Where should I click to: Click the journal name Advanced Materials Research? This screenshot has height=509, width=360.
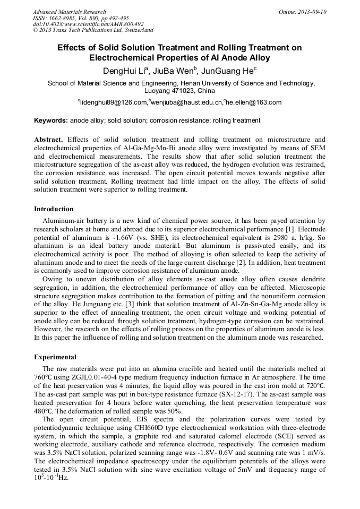point(69,12)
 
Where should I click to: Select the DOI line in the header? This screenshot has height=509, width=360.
point(88,24)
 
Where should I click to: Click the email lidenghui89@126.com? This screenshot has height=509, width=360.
point(113,102)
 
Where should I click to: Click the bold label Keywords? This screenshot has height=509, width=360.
point(51,120)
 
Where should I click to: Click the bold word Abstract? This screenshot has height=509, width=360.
point(48,139)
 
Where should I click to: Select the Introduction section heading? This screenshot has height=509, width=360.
point(54,209)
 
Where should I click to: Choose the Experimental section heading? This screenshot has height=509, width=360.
point(55,357)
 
